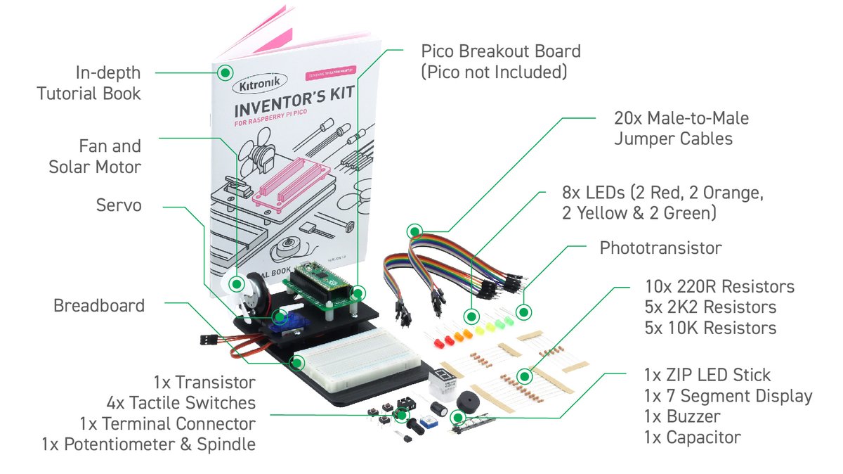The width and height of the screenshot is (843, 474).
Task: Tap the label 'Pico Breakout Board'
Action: click(x=501, y=51)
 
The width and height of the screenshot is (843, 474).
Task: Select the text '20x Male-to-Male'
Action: click(x=681, y=118)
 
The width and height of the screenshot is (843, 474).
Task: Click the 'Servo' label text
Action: click(x=119, y=205)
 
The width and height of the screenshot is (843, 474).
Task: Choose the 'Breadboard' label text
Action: click(x=99, y=306)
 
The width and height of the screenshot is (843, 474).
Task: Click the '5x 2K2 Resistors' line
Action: click(x=710, y=307)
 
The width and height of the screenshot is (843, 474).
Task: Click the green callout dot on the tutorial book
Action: click(x=226, y=72)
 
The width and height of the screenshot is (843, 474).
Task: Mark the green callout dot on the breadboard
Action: click(x=298, y=363)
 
